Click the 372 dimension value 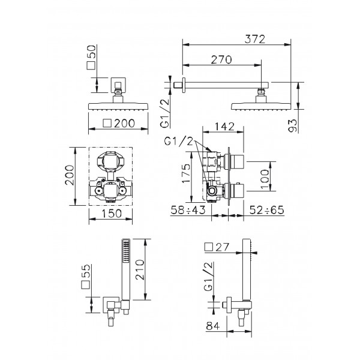[254, 39]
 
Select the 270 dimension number [221, 60]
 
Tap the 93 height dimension [293, 125]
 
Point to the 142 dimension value [224, 127]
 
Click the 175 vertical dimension [186, 173]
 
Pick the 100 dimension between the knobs [265, 179]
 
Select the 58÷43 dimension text [188, 210]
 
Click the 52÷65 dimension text [267, 210]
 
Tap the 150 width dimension [112, 214]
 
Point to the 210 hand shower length [140, 269]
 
